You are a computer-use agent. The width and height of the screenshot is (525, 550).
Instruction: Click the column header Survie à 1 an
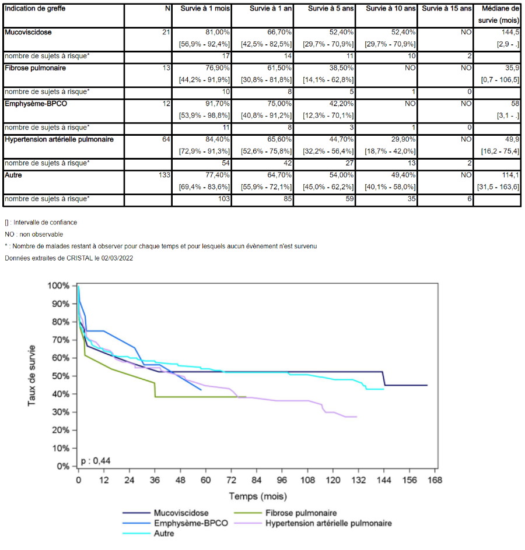tap(271, 8)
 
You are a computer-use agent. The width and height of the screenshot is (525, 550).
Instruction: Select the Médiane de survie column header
tap(499, 15)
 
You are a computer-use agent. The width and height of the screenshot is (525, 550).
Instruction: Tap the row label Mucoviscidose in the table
tap(28, 32)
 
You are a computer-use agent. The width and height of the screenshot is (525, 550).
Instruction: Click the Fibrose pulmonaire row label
tap(35, 68)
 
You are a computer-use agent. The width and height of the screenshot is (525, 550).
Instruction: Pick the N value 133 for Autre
tap(164, 175)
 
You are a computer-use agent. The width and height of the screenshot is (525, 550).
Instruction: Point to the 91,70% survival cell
tap(218, 104)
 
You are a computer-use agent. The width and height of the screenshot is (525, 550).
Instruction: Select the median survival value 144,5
tap(510, 32)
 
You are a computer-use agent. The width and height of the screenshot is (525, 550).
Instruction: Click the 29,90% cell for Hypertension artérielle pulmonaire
tap(403, 139)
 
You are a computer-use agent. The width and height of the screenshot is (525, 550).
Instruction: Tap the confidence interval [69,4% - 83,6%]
tap(204, 187)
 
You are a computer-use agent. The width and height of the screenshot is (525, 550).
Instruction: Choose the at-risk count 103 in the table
tap(223, 199)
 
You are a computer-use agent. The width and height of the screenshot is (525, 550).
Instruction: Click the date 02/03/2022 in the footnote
tap(117, 258)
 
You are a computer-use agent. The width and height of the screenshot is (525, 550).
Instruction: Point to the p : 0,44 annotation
tap(96, 460)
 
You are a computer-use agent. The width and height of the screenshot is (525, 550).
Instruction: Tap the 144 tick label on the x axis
tap(384, 480)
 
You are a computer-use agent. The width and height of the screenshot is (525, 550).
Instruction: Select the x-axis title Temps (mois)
tap(258, 496)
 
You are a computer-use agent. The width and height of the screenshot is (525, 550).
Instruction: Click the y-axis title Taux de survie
tap(32, 376)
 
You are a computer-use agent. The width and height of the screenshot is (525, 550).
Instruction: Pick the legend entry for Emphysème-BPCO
tap(175, 523)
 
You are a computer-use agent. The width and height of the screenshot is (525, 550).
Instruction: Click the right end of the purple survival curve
tap(357, 417)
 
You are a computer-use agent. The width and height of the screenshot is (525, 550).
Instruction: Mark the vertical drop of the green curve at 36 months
tap(155, 390)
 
